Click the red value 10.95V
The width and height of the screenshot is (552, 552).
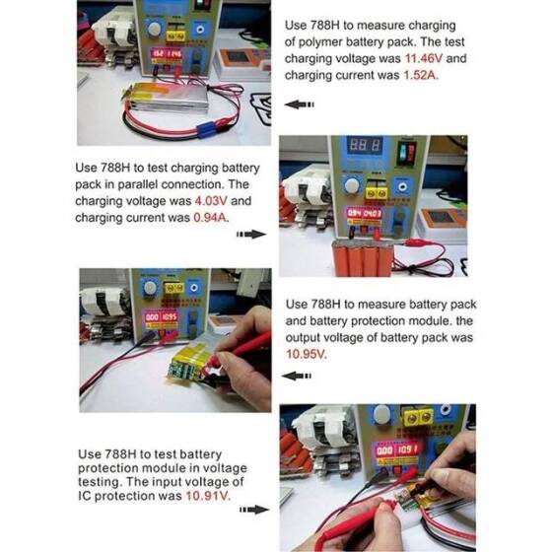click(x=306, y=355)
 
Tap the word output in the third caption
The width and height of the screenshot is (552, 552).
click(x=307, y=337)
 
